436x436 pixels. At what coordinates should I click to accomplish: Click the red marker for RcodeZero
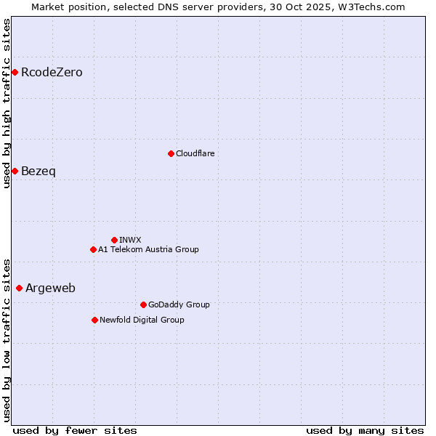click(15, 72)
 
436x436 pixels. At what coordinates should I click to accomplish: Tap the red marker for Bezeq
click(15, 171)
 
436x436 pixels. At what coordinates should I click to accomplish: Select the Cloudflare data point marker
click(171, 153)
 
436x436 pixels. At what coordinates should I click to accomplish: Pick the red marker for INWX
click(114, 240)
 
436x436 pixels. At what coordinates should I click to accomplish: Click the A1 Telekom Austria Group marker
click(93, 249)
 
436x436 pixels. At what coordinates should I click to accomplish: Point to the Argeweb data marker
click(19, 288)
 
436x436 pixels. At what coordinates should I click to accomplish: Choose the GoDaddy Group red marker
click(143, 304)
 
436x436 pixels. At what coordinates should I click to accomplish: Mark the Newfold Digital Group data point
click(94, 320)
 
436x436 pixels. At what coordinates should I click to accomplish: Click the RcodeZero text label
click(52, 73)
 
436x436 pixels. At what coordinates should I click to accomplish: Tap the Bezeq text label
click(38, 171)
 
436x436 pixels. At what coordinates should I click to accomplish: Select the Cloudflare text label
click(195, 153)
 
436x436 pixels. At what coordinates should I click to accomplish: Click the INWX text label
click(130, 240)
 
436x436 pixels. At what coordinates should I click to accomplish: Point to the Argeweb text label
click(50, 288)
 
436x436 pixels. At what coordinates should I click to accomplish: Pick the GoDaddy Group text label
click(179, 304)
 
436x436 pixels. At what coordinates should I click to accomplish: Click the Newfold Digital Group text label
click(142, 320)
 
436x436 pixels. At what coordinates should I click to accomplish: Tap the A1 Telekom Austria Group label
click(148, 249)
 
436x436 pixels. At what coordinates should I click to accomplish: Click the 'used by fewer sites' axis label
click(75, 430)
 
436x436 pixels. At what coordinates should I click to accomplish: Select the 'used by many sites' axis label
click(365, 430)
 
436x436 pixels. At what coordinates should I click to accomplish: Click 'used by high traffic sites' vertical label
click(7, 103)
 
